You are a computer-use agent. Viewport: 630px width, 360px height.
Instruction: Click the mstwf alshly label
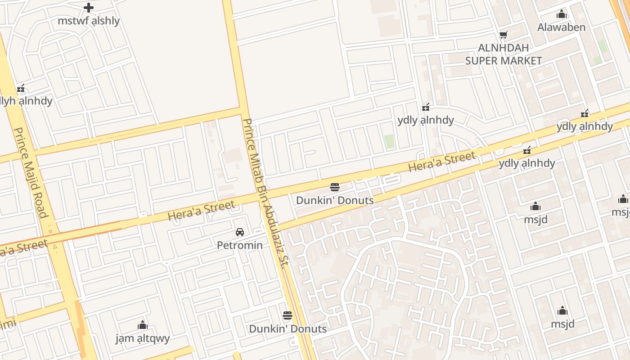[89, 21]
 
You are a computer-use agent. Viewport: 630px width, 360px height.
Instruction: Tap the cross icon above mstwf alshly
[89, 7]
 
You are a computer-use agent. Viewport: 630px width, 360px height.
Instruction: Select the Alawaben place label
[561, 27]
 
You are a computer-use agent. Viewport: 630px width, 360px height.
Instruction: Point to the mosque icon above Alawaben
[561, 14]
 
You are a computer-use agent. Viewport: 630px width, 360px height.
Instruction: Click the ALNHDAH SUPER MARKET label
[503, 54]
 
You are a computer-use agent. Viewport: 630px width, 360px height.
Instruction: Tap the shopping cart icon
[504, 35]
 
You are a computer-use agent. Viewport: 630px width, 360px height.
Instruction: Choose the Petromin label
[239, 245]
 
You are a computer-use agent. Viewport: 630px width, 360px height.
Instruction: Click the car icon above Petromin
[240, 232]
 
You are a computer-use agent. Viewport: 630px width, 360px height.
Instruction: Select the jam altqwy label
[143, 338]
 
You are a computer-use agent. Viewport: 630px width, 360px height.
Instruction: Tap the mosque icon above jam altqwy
[143, 325]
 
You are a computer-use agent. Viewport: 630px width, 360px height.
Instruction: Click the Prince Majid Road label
[31, 172]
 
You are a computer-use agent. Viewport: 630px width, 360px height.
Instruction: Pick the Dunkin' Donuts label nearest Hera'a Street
[335, 200]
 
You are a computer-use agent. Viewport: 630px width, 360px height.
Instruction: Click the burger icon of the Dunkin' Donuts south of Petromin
[288, 315]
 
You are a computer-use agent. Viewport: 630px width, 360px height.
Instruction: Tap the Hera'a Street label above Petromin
[201, 211]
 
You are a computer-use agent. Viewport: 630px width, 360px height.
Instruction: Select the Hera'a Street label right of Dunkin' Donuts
[441, 162]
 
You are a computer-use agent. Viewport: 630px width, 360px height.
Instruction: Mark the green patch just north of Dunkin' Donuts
[389, 141]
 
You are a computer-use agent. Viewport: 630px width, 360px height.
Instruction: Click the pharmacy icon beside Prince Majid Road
[20, 88]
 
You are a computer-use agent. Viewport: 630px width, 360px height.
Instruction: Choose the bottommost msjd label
[562, 324]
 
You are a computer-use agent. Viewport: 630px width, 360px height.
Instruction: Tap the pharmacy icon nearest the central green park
[425, 107]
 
